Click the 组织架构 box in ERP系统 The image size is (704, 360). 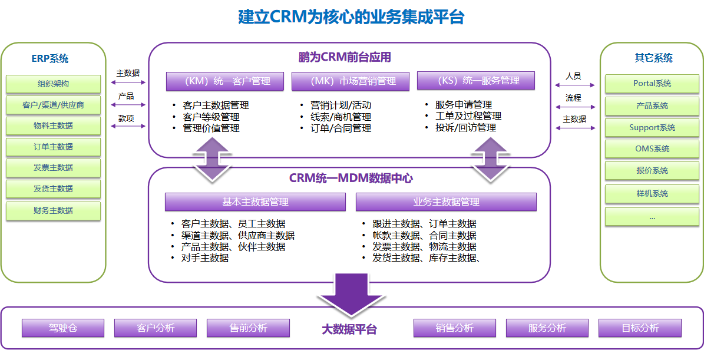point(53,84)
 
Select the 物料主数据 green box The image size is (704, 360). point(53,125)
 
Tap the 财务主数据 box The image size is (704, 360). point(53,210)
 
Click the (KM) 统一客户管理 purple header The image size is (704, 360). point(225,81)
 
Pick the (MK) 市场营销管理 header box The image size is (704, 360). point(351,81)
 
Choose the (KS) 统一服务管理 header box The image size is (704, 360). point(476,80)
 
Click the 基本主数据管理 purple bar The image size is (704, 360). point(255,202)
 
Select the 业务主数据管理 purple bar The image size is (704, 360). point(446,202)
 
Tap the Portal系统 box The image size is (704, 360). point(652,83)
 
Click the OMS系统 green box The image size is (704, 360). point(652,148)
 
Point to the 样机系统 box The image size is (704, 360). point(652,193)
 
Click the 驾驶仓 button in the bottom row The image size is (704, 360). point(63,328)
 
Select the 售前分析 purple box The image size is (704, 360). point(248,328)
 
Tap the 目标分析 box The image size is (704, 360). point(640,328)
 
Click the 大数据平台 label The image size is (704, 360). point(349,329)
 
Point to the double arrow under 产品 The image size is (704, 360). point(128,105)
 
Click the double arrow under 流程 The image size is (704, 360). point(575,107)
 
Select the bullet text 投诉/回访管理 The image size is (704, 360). point(465,127)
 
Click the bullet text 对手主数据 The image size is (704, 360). point(205,257)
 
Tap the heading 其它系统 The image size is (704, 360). point(653,58)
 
